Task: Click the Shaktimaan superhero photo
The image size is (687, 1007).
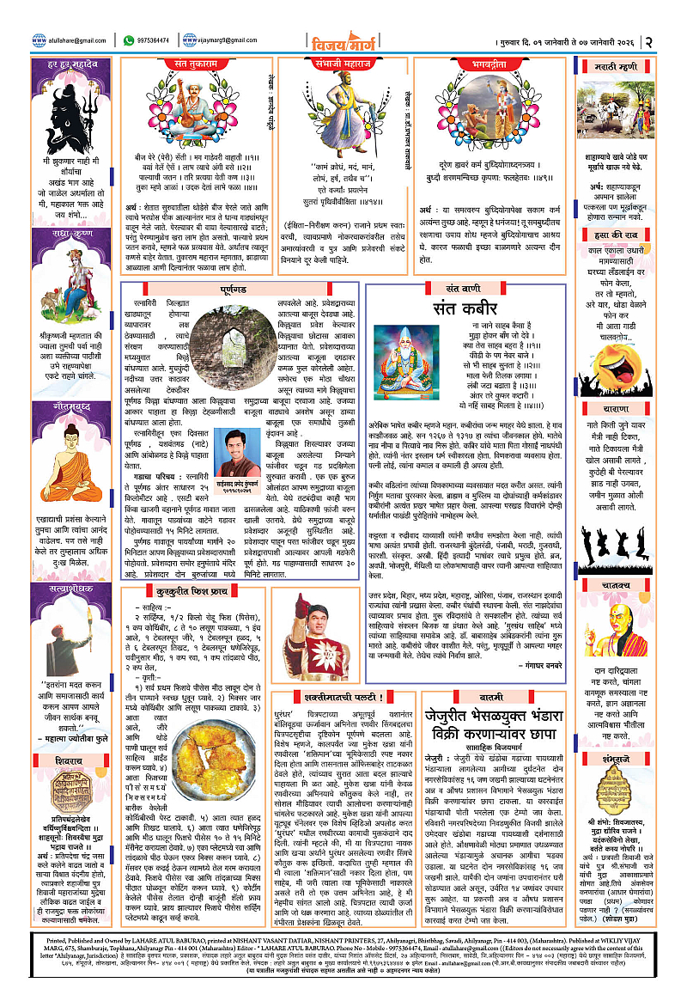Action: [327, 623]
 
